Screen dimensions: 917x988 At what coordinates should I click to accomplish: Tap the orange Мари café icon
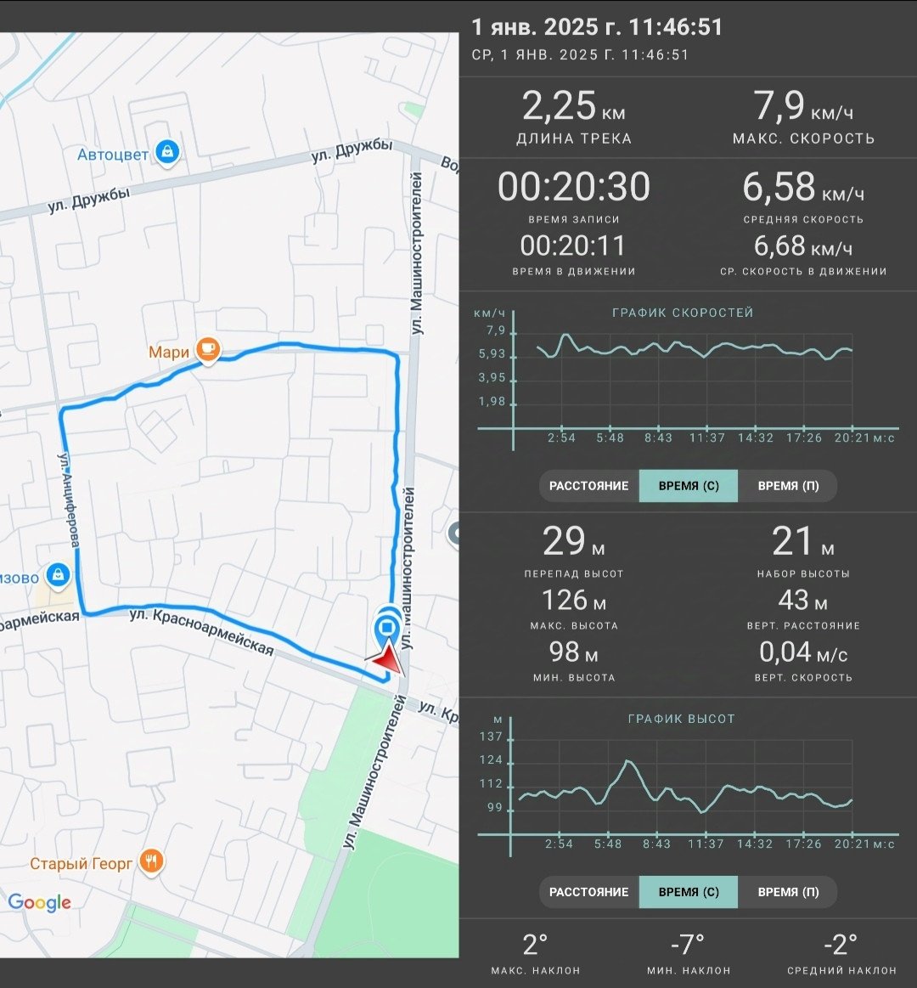pyautogui.click(x=208, y=349)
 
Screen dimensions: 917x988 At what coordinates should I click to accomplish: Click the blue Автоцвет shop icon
pyautogui.click(x=167, y=152)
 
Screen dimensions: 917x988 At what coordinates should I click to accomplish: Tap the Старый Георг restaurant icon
pyautogui.click(x=151, y=861)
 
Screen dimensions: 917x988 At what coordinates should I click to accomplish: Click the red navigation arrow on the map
pyautogui.click(x=385, y=658)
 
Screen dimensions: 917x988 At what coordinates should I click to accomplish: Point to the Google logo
pyautogui.click(x=40, y=902)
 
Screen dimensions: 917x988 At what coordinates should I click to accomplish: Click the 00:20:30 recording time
pyautogui.click(x=574, y=187)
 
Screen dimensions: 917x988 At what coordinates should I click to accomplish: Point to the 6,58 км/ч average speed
pyautogui.click(x=803, y=187)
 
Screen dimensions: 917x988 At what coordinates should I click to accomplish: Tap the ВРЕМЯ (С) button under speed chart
pyautogui.click(x=689, y=486)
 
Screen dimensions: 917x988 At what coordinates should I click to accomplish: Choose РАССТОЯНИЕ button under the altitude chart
pyautogui.click(x=589, y=892)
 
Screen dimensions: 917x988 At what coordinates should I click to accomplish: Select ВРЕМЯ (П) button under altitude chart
pyautogui.click(x=788, y=892)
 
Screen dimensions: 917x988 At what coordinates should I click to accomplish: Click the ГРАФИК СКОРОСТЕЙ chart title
pyautogui.click(x=683, y=313)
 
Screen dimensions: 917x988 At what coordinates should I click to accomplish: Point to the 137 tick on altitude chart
pyautogui.click(x=492, y=736)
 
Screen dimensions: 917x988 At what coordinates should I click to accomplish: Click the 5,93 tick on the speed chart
pyautogui.click(x=492, y=354)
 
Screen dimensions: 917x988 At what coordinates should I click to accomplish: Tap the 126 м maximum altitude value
pyautogui.click(x=574, y=601)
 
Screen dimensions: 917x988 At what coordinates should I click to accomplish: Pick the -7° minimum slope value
pyautogui.click(x=688, y=945)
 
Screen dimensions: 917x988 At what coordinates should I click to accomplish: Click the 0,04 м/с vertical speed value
pyautogui.click(x=803, y=652)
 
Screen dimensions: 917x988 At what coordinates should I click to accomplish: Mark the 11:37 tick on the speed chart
pyautogui.click(x=707, y=438)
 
